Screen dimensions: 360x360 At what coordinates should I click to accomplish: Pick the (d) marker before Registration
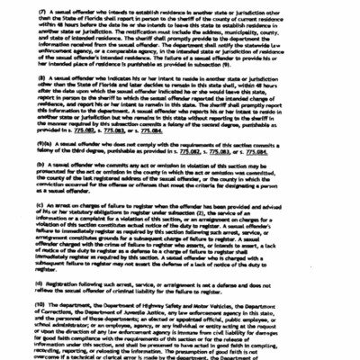pos(41,286)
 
